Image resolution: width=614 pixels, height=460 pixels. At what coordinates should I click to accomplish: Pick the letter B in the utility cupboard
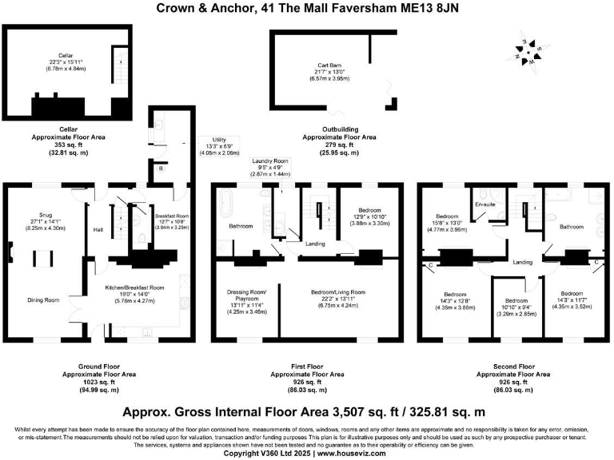(x=160, y=169)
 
